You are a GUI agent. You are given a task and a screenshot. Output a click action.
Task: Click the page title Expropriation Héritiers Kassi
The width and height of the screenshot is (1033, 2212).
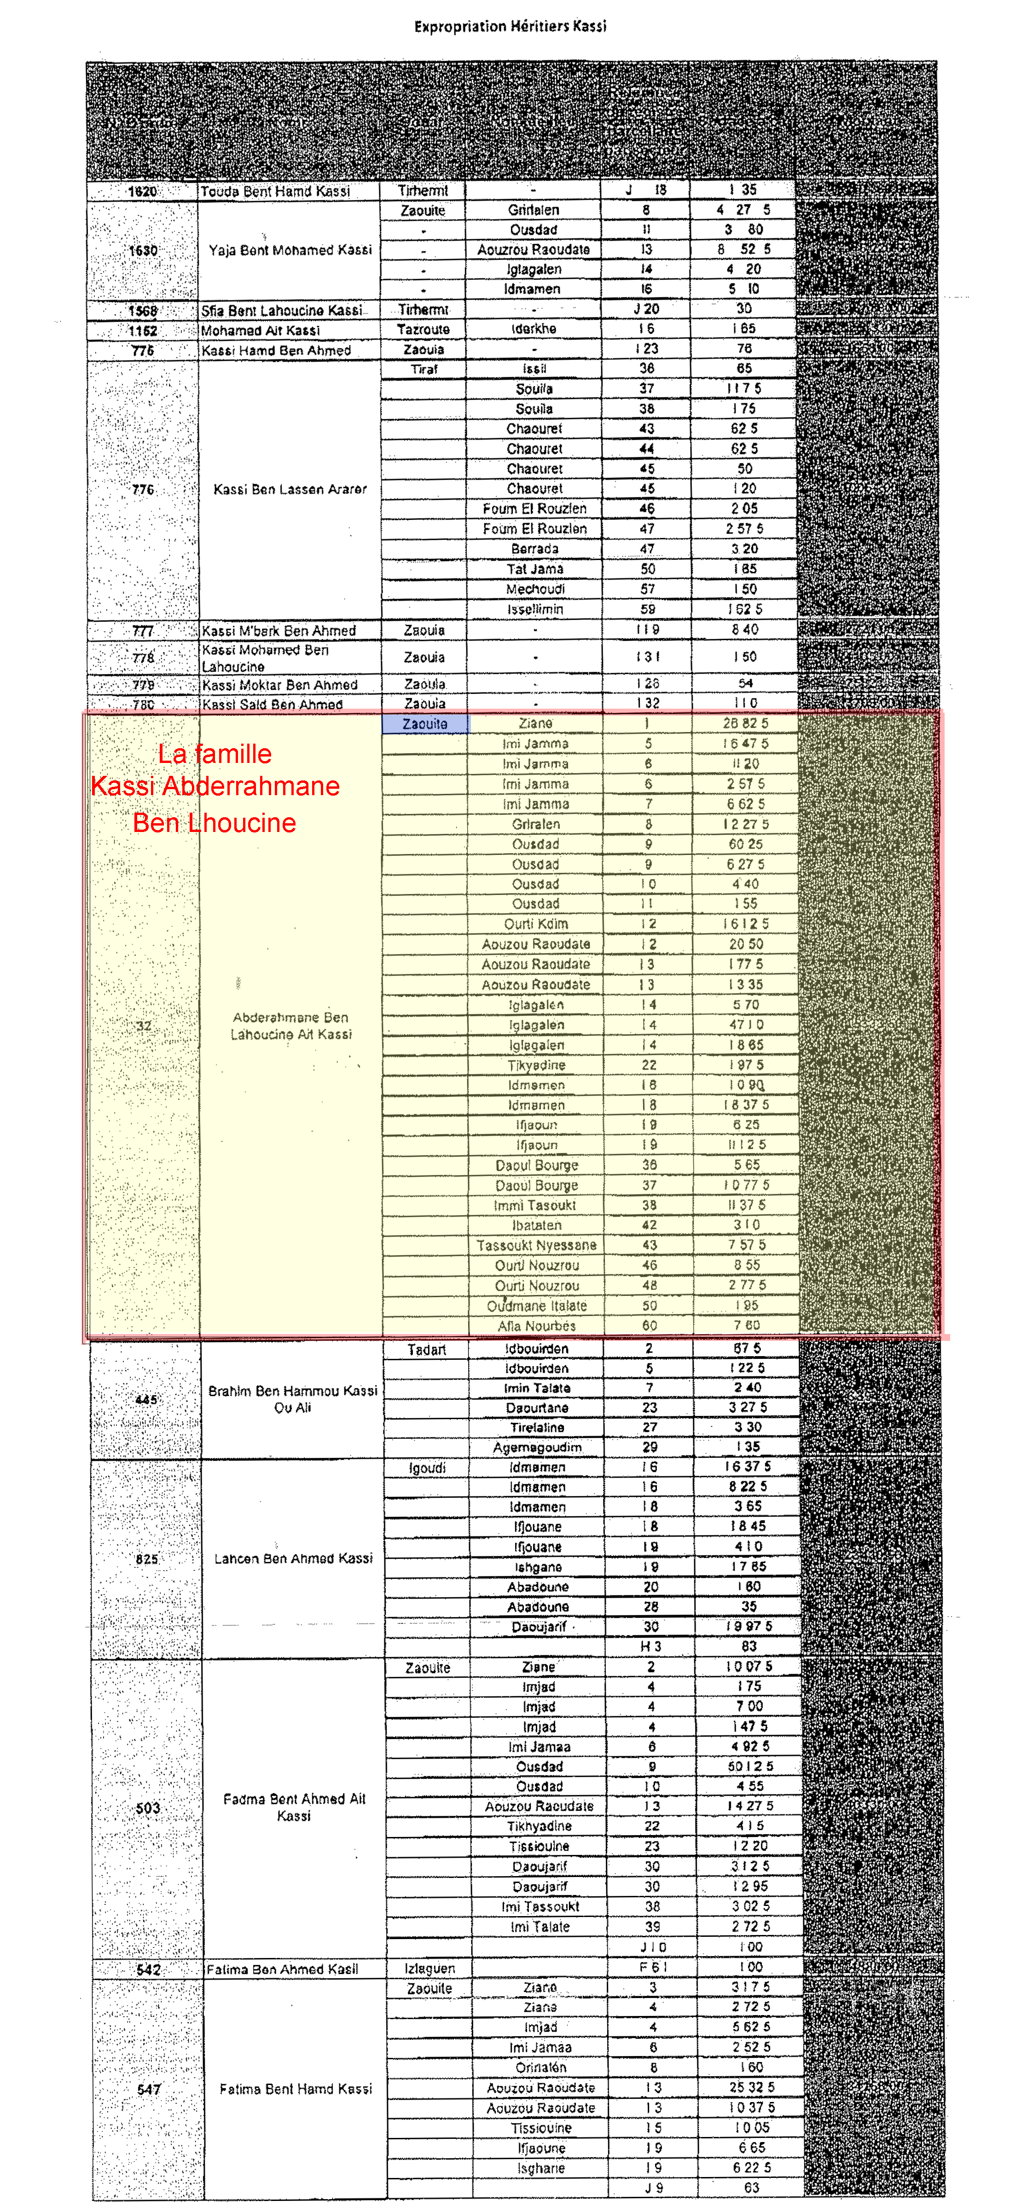pyautogui.click(x=510, y=27)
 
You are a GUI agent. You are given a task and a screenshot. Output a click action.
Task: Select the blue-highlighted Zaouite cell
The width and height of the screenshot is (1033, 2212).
pyautogui.click(x=425, y=724)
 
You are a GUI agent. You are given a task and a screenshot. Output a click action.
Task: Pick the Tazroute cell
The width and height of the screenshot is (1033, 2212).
pyautogui.click(x=424, y=330)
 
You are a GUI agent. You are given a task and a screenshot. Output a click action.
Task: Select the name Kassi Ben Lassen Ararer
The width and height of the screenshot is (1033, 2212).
pyautogui.click(x=290, y=490)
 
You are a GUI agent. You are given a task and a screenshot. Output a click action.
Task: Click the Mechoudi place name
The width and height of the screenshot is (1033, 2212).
pyautogui.click(x=535, y=589)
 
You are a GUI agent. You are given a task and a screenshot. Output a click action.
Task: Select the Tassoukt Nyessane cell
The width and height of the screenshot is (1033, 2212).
pyautogui.click(x=537, y=1245)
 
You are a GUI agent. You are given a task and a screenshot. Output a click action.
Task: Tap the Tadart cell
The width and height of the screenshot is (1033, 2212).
pyautogui.click(x=427, y=1350)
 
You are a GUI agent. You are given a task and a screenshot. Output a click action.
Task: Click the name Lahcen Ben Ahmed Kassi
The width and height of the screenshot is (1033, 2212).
pyautogui.click(x=294, y=1559)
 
